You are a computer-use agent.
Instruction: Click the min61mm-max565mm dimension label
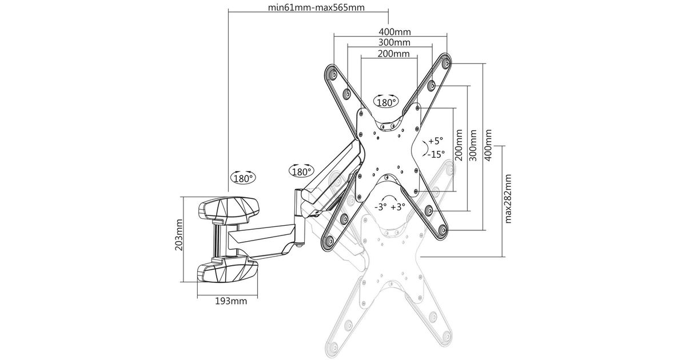click(316, 7)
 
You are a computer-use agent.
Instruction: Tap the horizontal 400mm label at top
click(395, 31)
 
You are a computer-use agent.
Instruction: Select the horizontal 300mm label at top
click(394, 42)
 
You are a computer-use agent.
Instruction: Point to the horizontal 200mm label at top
click(393, 54)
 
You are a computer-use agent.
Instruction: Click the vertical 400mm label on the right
click(488, 145)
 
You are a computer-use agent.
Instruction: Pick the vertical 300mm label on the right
click(473, 145)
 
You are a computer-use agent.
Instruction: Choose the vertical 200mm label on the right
click(458, 145)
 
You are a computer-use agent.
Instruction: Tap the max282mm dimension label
click(508, 199)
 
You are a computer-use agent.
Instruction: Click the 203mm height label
click(178, 235)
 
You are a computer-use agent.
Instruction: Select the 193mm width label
click(231, 301)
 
